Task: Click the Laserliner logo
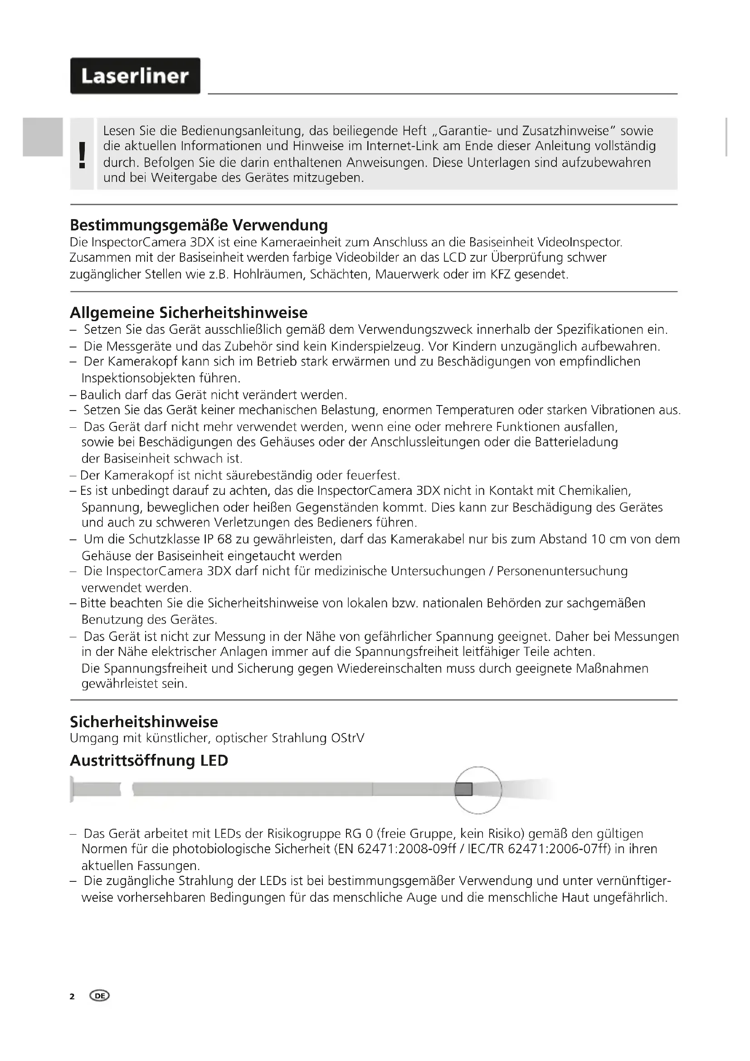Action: tap(135, 76)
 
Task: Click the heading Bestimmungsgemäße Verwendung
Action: tap(199, 225)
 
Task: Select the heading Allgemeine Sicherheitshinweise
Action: tap(189, 313)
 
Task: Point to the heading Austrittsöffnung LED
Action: tap(149, 760)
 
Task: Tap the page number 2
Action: tap(72, 996)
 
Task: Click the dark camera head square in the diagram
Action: tap(463, 789)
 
